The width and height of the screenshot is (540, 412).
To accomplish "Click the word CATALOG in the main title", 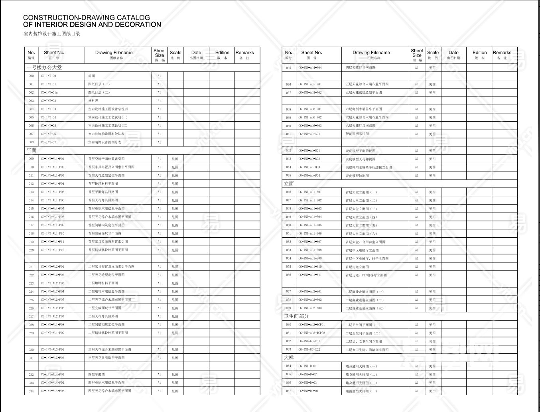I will point(133,18).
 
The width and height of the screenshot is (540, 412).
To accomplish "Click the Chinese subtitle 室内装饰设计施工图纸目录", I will point(52,34).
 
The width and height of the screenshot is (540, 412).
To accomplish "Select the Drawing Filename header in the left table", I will point(114,52).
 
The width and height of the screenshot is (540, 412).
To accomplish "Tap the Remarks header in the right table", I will point(502,52).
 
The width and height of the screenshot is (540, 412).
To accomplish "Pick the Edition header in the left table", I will point(222,52).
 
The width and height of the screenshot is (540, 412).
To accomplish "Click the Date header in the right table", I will point(453,52).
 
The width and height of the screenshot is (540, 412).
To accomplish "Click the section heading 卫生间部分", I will point(296,316).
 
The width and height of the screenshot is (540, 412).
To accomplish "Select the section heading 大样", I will point(289,357).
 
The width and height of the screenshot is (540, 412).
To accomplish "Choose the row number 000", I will point(31,76).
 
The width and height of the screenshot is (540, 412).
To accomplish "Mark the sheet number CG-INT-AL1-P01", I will point(52,159).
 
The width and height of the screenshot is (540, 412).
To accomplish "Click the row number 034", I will point(31,391).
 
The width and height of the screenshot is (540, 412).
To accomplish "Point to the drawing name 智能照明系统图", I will point(357,134).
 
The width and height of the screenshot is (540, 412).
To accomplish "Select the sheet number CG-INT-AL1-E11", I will point(310,275).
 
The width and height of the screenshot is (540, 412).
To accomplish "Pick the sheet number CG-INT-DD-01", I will point(308,391).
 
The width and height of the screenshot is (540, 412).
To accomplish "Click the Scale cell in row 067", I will point(432,391).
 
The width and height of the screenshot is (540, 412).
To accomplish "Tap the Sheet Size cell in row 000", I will point(159,76).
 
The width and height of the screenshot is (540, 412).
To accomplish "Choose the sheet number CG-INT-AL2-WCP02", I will point(311,333).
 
